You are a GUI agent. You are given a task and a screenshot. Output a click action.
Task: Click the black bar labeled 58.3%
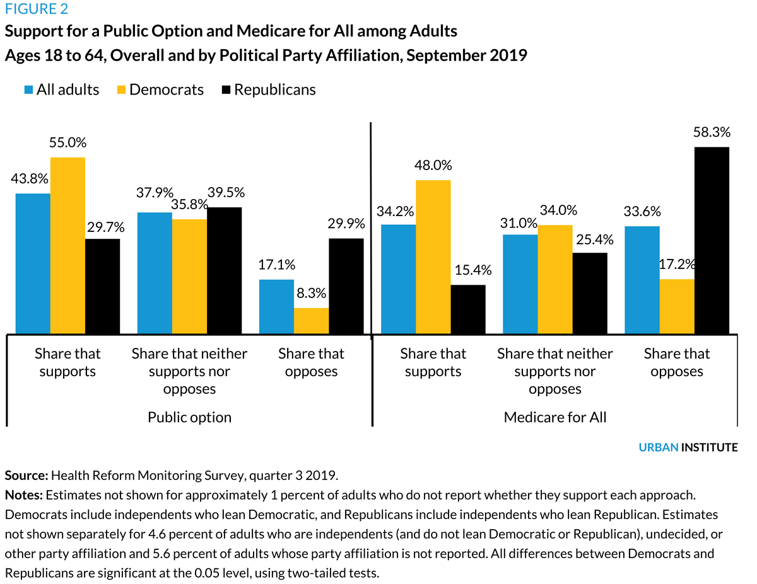(x=712, y=240)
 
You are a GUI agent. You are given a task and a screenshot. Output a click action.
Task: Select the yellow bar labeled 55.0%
(x=67, y=245)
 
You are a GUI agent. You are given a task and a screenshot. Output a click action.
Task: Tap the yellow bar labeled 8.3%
(x=311, y=321)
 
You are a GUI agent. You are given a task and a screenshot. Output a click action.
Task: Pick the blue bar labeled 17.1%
(x=276, y=306)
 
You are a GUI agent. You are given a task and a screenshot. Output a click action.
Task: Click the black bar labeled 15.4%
(x=468, y=309)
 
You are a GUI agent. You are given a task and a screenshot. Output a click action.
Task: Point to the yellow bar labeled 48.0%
(x=433, y=256)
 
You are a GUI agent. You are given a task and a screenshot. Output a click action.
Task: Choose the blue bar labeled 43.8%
(x=33, y=263)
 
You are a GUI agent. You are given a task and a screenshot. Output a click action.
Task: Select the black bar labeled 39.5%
(x=224, y=270)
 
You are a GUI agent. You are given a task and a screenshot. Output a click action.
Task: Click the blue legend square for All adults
(x=29, y=90)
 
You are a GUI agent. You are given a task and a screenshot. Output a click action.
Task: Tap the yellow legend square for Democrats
(x=121, y=90)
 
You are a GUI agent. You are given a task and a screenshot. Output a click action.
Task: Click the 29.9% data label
(x=346, y=224)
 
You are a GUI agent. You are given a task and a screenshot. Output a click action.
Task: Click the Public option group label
(x=189, y=417)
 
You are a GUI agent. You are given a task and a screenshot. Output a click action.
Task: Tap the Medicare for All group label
(x=555, y=417)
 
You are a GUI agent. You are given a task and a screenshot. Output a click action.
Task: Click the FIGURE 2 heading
(x=37, y=9)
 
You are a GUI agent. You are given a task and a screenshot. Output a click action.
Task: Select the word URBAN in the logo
(x=658, y=447)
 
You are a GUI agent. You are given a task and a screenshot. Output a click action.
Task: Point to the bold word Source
(x=26, y=474)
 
